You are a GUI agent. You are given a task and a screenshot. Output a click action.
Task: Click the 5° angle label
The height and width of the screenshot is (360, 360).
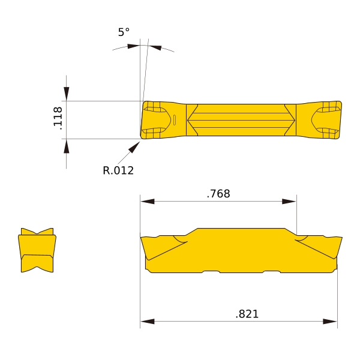[x=124, y=32]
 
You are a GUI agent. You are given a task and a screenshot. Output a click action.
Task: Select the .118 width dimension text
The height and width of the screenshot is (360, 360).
[x=58, y=118]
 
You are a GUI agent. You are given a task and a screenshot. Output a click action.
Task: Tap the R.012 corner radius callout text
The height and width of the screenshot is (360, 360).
[x=118, y=170]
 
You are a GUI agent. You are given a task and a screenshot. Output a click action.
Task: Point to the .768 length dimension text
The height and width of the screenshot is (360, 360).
[x=218, y=194]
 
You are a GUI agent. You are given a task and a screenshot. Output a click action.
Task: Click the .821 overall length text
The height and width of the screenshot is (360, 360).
[x=247, y=314]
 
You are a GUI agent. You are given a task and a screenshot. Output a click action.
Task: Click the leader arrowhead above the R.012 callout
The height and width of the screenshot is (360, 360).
[x=134, y=147]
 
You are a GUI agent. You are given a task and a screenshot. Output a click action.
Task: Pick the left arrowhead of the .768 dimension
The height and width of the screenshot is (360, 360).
[x=148, y=202]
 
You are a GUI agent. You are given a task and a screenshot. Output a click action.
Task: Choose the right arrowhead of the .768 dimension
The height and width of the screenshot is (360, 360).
[x=289, y=202]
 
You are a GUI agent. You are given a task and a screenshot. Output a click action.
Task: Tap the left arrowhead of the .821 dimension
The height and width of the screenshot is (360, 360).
[x=148, y=322]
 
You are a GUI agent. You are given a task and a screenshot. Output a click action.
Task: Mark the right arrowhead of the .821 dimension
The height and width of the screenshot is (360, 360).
[x=330, y=322]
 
